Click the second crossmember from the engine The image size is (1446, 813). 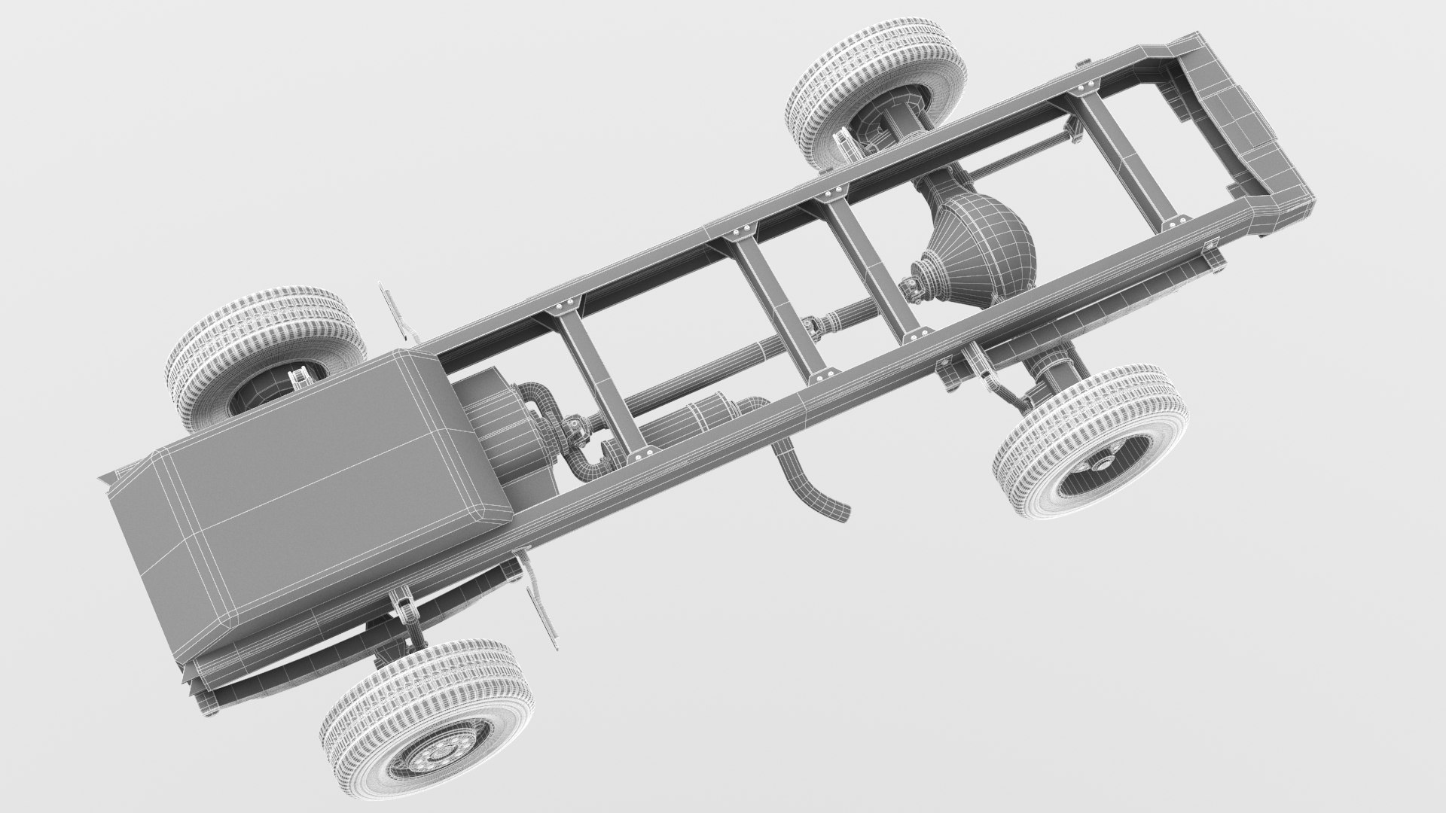(776, 301)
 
